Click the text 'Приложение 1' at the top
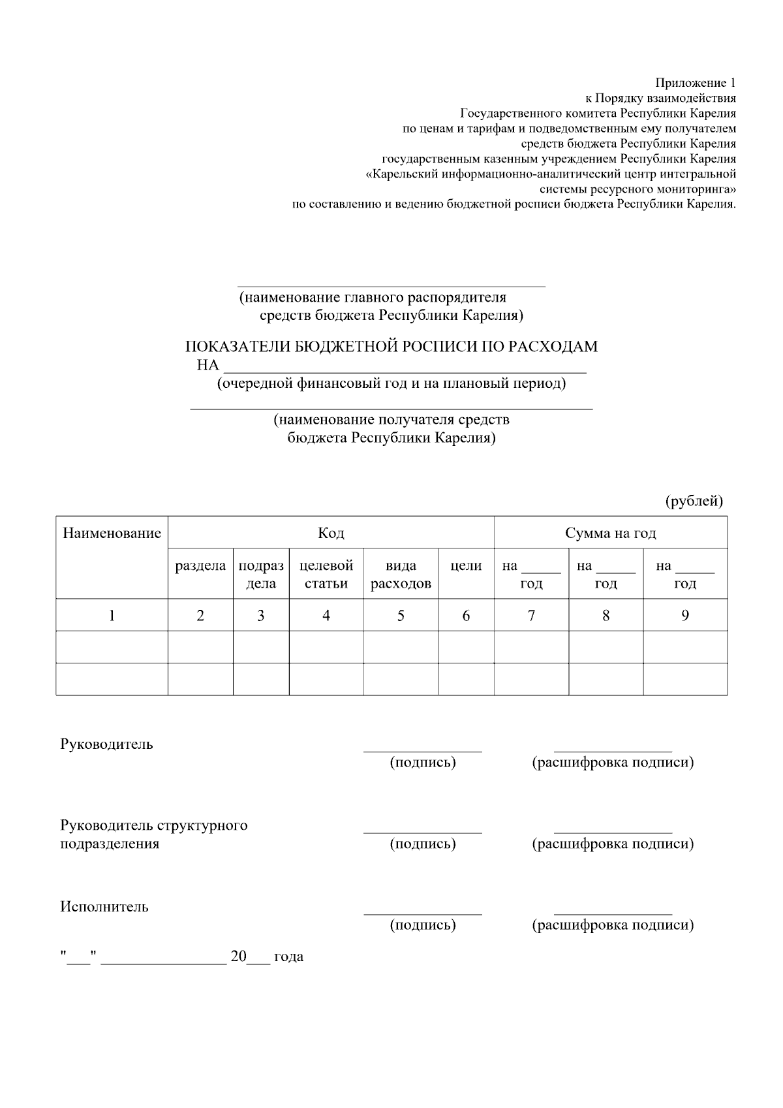[x=696, y=83]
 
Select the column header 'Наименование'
[x=112, y=533]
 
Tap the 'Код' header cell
[x=331, y=533]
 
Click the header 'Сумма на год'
[x=610, y=533]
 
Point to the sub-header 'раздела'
[x=200, y=566]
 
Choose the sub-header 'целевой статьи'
[x=326, y=575]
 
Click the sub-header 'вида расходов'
[x=401, y=575]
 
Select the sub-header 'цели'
[x=466, y=566]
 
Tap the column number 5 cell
[x=401, y=615]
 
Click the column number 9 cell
[x=684, y=615]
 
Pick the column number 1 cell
[x=112, y=615]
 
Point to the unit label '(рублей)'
[x=694, y=501]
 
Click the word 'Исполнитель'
[x=104, y=907]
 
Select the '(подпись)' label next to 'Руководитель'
[x=422, y=763]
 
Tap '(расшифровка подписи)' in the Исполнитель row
[x=613, y=925]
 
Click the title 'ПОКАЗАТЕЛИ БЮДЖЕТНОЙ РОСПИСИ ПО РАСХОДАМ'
[x=391, y=347]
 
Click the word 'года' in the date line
[x=288, y=957]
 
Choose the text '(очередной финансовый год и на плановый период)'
[x=391, y=383]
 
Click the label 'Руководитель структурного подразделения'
[x=153, y=834]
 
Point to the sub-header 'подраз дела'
[x=261, y=575]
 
